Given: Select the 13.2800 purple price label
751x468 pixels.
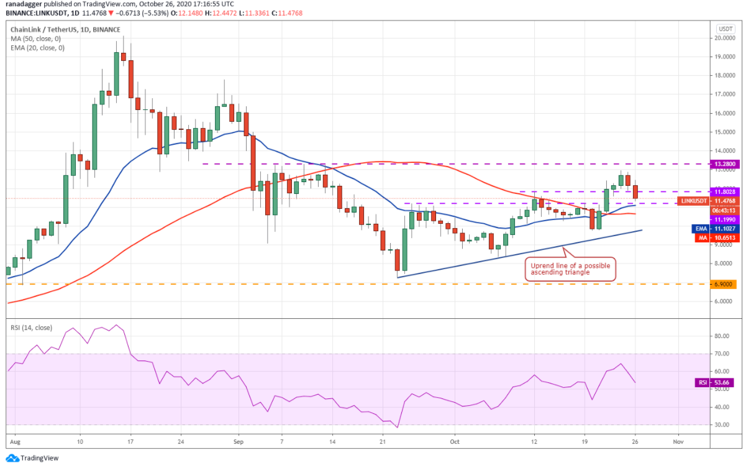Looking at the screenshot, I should coord(725,164).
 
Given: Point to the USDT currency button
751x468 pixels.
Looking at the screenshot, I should coord(725,29).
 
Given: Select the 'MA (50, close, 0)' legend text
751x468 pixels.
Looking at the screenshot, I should coord(36,39).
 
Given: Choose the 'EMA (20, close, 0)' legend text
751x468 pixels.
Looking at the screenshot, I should coord(38,48).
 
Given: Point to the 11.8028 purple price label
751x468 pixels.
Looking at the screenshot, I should coord(725,192).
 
